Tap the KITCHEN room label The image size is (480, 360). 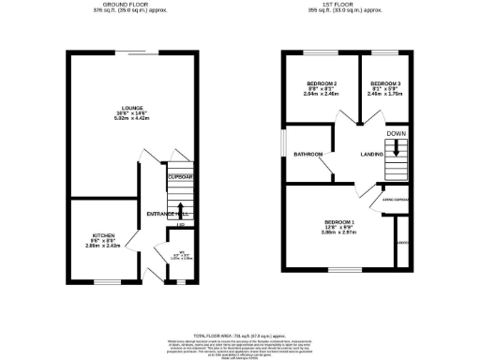coord(102,234)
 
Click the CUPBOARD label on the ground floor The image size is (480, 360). coord(179,176)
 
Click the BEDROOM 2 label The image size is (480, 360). coord(322,85)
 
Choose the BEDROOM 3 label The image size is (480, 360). coord(384,85)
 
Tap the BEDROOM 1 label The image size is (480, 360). coord(335,220)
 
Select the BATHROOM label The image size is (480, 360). coord(308,154)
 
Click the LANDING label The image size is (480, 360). coord(372,155)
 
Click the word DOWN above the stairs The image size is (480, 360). coord(397,133)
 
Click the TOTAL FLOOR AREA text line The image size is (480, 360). coord(239,335)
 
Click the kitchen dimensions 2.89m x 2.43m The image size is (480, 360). coord(102,245)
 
